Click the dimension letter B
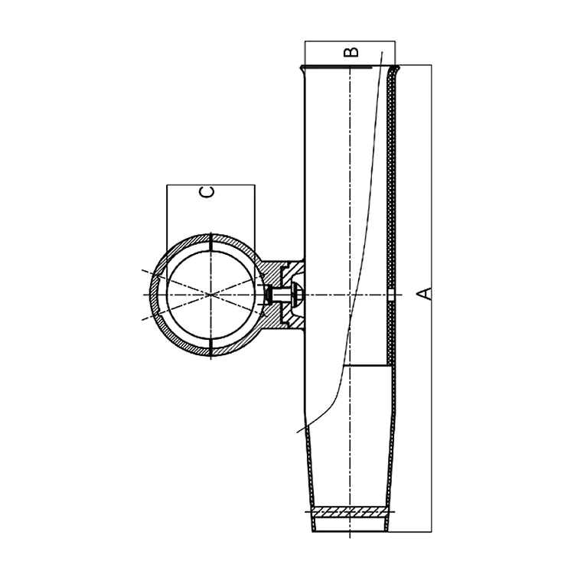tap(350, 51)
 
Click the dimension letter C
tap(207, 192)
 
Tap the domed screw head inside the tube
tap(298, 294)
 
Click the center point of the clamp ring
tap(209, 295)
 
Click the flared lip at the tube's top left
tap(304, 69)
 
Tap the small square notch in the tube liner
tap(391, 295)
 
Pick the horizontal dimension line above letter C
tap(210, 184)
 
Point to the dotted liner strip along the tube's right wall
tap(391, 191)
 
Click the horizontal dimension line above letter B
tap(351, 41)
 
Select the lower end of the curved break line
tap(298, 432)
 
